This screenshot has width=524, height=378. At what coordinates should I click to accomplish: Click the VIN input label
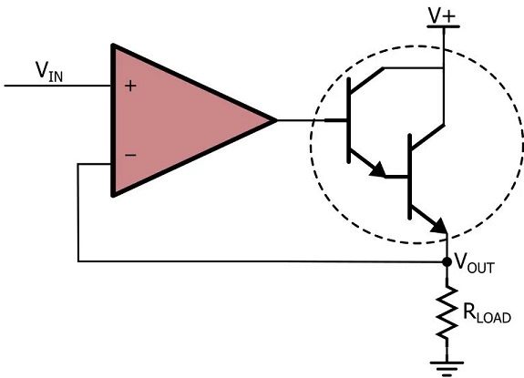49,71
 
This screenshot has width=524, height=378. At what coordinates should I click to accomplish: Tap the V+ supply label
442,15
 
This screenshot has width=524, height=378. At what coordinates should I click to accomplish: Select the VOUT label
475,263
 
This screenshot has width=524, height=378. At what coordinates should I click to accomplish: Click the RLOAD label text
487,313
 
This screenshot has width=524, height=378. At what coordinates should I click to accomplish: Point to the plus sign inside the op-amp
130,87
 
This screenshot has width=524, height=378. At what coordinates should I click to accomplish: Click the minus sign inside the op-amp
130,155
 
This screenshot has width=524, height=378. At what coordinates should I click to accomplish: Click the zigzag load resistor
447,312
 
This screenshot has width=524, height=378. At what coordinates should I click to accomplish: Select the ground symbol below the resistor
447,368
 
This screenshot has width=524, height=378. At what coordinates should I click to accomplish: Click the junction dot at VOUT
447,261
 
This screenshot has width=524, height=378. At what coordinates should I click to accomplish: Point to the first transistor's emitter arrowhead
378,169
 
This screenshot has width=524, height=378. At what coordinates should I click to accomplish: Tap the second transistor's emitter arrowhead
439,226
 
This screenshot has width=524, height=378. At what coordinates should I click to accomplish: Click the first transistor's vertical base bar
349,120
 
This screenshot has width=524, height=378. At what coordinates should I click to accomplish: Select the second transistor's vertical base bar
410,177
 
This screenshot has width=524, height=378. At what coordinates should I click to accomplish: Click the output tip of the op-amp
277,120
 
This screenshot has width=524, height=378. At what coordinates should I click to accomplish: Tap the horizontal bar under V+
444,26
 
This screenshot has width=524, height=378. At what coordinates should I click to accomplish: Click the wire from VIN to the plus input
57,86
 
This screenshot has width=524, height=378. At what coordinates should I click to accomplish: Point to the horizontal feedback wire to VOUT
262,261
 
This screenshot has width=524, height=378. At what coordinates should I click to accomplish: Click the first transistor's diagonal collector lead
366,80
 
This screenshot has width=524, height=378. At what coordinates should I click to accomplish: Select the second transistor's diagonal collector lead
427,137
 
